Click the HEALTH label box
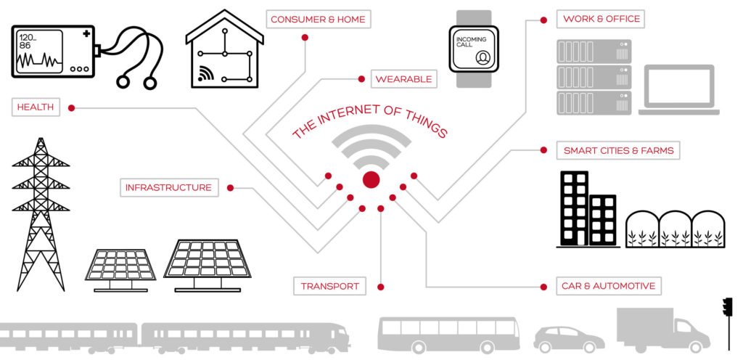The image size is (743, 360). click(x=36, y=107)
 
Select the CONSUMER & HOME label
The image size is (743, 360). click(x=318, y=19)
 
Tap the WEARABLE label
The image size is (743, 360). click(x=403, y=78)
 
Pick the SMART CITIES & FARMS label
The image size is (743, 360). click(x=618, y=151)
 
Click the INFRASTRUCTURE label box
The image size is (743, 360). click(x=168, y=188)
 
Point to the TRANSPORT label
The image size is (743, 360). click(x=330, y=286)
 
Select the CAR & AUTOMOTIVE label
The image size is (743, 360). click(x=608, y=286)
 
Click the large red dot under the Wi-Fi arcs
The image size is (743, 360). click(x=371, y=180)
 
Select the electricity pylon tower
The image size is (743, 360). click(x=41, y=214)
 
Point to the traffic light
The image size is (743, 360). click(x=727, y=308)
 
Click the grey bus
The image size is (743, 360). click(x=448, y=334)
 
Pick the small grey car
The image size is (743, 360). click(x=569, y=338)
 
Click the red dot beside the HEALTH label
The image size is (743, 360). click(x=71, y=108)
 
